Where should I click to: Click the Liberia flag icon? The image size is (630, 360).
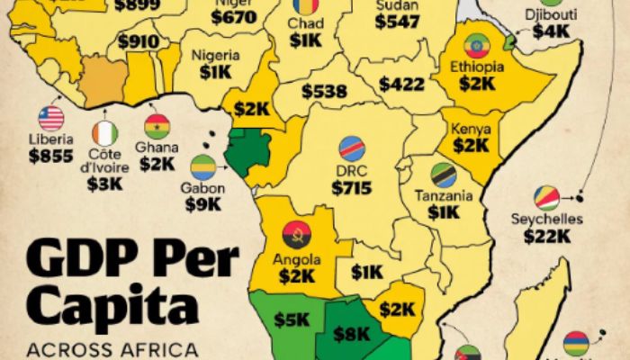click(x=51, y=119)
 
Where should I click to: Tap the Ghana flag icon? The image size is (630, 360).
click(x=157, y=126)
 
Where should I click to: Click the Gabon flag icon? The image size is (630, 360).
click(x=202, y=167)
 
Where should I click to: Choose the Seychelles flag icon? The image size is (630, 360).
click(x=546, y=198)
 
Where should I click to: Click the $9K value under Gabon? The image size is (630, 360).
click(x=202, y=204)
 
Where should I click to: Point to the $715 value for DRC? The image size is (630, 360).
click(x=351, y=188)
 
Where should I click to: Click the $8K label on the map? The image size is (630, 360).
click(x=351, y=333)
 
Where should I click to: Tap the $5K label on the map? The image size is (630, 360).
click(x=292, y=319)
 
